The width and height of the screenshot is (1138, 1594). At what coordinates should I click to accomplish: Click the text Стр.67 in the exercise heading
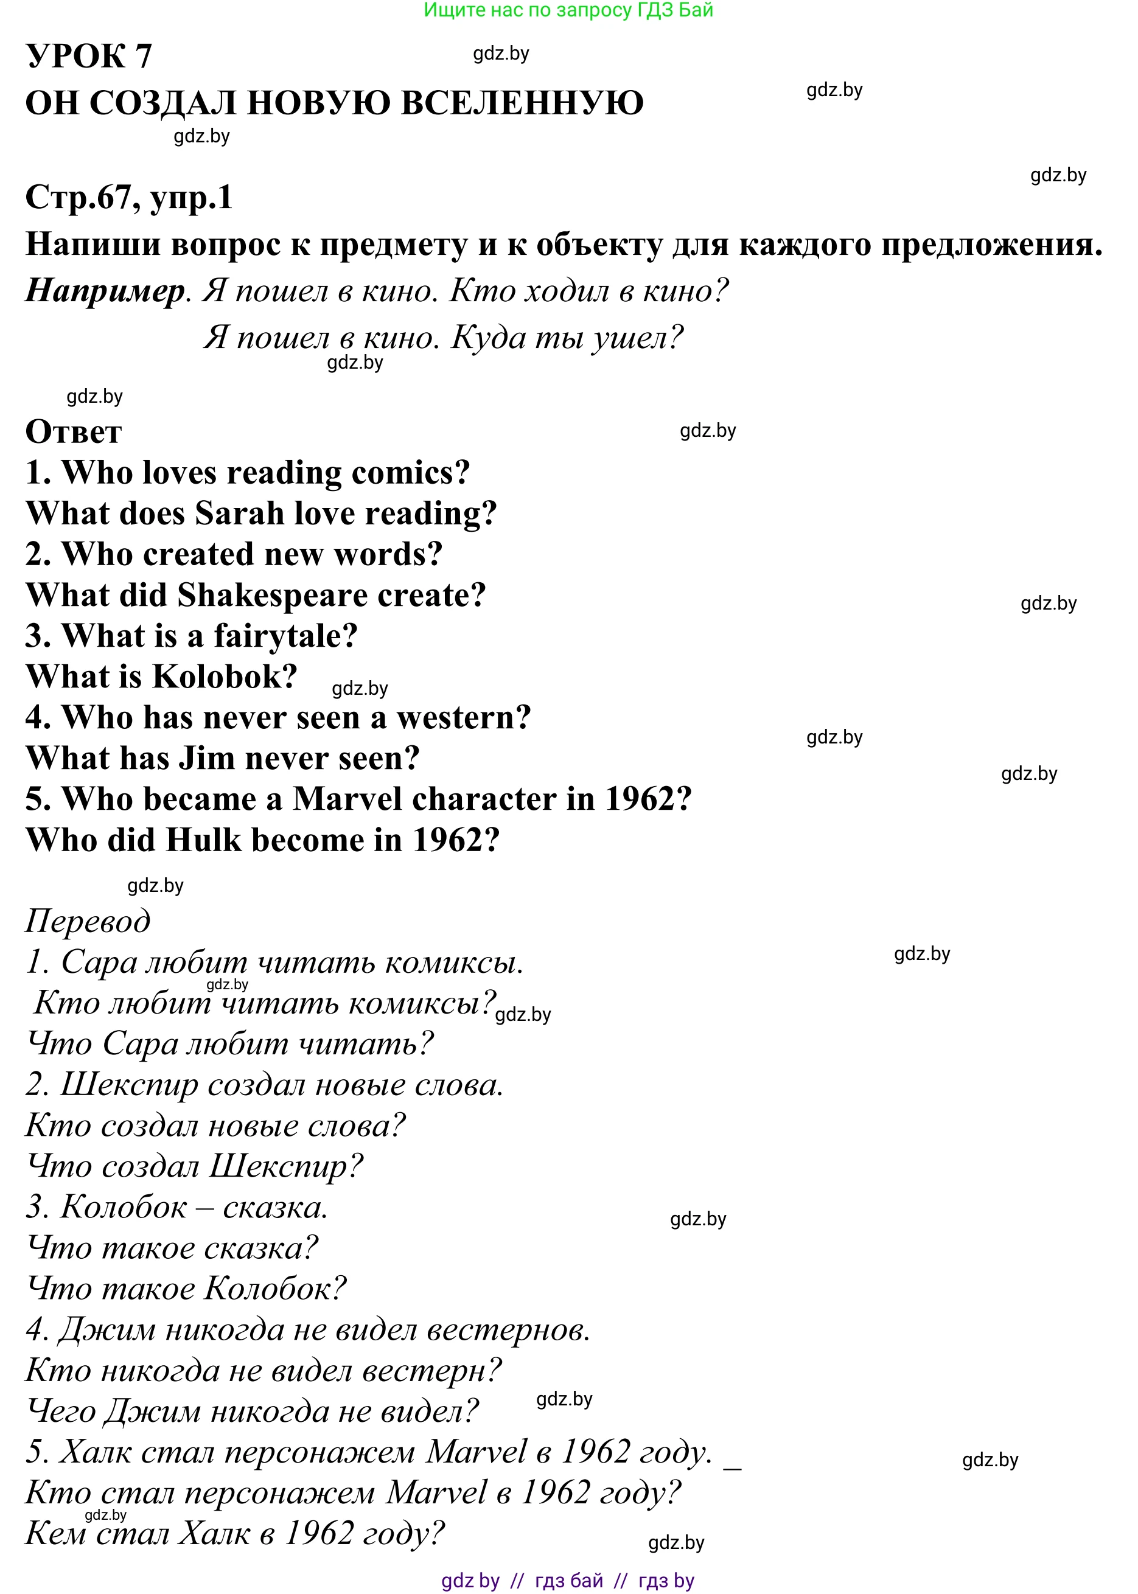click(x=77, y=198)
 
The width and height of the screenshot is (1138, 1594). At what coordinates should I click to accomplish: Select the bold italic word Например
click(x=105, y=291)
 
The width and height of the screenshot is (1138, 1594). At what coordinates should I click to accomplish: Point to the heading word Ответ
click(x=74, y=431)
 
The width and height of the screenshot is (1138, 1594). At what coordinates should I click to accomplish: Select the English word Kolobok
click(x=224, y=677)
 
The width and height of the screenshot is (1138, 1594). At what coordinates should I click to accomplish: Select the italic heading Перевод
click(x=88, y=922)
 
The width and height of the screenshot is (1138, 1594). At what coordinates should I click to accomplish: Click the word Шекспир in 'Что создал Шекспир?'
click(x=286, y=1167)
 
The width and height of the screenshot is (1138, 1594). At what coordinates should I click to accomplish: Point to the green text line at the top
click(x=568, y=10)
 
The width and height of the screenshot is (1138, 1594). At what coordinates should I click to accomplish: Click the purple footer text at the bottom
click(x=568, y=1581)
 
